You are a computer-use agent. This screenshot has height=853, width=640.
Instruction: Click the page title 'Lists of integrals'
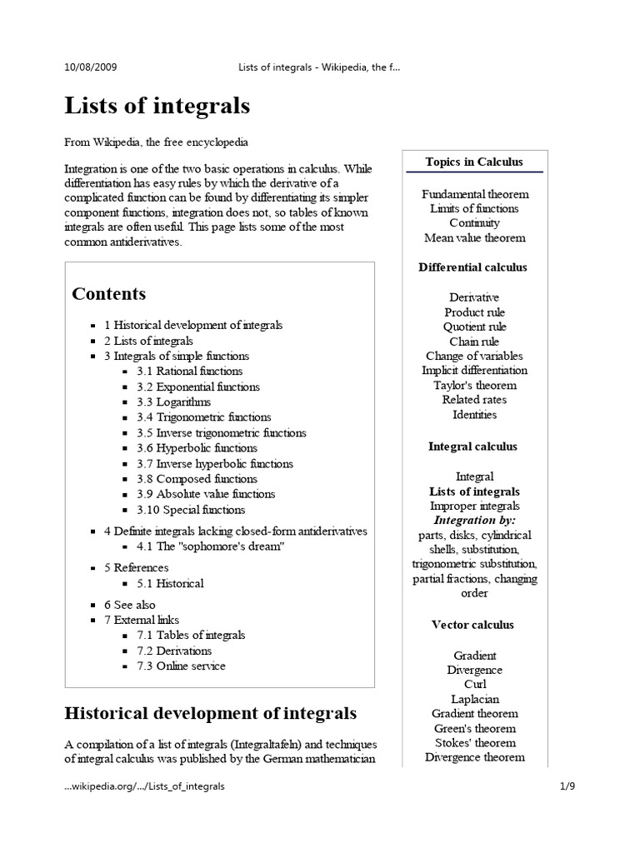pyautogui.click(x=157, y=107)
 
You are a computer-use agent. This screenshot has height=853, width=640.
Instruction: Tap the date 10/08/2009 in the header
pyautogui.click(x=96, y=67)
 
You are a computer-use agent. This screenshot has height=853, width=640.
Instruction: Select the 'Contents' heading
pyautogui.click(x=109, y=294)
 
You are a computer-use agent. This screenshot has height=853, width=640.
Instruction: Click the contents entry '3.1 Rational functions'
pyautogui.click(x=190, y=372)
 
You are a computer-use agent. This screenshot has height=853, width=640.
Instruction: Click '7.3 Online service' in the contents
pyautogui.click(x=181, y=666)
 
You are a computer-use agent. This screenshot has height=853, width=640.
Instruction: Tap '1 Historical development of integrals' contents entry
pyautogui.click(x=192, y=325)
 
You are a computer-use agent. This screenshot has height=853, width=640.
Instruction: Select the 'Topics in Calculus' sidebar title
pyautogui.click(x=474, y=162)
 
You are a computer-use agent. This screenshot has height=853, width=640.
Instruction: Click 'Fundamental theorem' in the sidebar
pyautogui.click(x=474, y=194)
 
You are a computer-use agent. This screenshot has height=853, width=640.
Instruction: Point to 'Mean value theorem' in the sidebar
pyautogui.click(x=474, y=238)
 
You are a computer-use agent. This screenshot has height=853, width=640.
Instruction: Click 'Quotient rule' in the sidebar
pyautogui.click(x=474, y=327)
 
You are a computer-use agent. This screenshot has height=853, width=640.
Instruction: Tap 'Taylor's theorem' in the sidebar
pyautogui.click(x=474, y=386)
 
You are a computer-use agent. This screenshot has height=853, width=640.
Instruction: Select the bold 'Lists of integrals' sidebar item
pyautogui.click(x=474, y=491)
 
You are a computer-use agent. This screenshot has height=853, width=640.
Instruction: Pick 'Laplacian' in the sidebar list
pyautogui.click(x=474, y=700)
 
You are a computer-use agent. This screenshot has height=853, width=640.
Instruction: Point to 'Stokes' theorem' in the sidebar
pyautogui.click(x=474, y=743)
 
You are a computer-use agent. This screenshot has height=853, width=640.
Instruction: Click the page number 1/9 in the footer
pyautogui.click(x=567, y=786)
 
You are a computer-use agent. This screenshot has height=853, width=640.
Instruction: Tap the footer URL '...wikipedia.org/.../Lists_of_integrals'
pyautogui.click(x=144, y=786)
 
